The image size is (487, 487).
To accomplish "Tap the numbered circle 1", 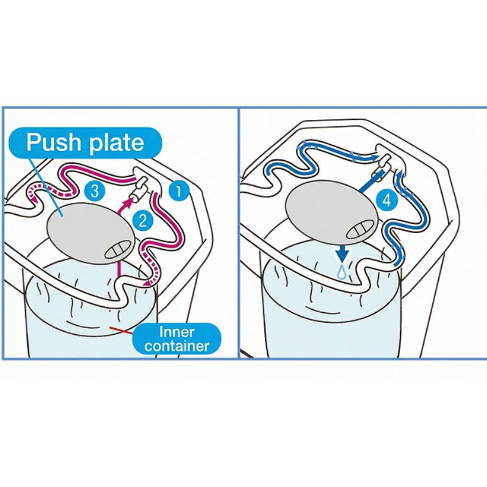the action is coord(179,191).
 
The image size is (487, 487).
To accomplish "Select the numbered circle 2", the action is coord(143,221).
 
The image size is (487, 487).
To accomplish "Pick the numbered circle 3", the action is coord(94,190).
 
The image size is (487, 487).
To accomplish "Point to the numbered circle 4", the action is coord(387,201).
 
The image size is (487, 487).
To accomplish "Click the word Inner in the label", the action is coord(177,332).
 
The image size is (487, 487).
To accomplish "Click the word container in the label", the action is coord(177,346).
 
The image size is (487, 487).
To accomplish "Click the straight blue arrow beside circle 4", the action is coord(371,180).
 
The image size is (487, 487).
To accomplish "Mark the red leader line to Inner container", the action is coord(121,331).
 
